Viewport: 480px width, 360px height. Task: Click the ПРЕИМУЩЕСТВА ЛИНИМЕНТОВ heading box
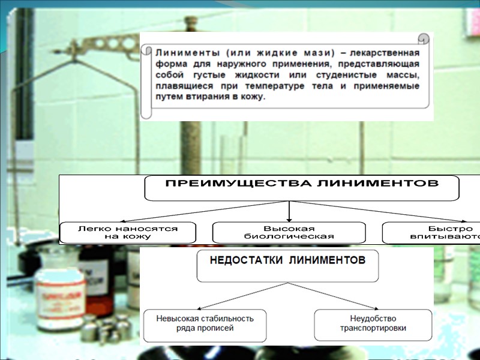[302, 188]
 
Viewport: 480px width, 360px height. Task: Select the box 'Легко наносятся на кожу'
[128, 232]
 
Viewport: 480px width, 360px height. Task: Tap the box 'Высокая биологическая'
[289, 232]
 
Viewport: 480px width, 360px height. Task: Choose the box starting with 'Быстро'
[432, 232]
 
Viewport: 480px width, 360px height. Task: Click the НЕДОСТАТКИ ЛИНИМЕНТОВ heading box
[287, 266]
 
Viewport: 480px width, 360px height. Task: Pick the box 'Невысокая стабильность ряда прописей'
[205, 324]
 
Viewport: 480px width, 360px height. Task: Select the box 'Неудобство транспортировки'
[373, 324]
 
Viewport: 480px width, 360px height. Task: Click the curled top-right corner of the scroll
[425, 38]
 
